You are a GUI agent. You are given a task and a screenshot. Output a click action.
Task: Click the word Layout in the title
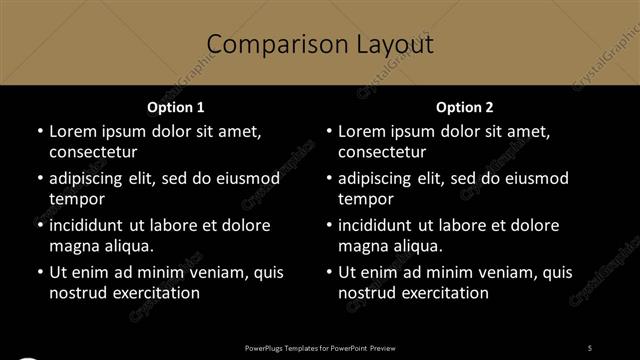(389, 44)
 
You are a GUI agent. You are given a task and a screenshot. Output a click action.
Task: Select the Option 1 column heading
(175, 106)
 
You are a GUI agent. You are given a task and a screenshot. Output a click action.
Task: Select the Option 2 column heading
(465, 106)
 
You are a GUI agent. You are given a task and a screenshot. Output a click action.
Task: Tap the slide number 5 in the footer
(590, 347)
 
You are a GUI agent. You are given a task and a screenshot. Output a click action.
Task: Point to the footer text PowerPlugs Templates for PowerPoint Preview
(320, 347)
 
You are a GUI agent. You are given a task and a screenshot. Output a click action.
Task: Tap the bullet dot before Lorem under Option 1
(39, 131)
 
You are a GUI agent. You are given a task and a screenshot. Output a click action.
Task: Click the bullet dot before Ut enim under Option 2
(328, 272)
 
